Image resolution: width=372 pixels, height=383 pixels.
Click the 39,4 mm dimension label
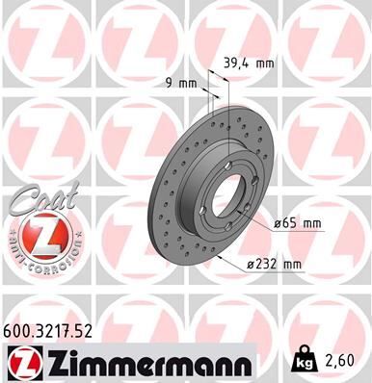[249, 64]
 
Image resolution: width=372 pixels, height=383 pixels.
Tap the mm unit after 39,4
[265, 64]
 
